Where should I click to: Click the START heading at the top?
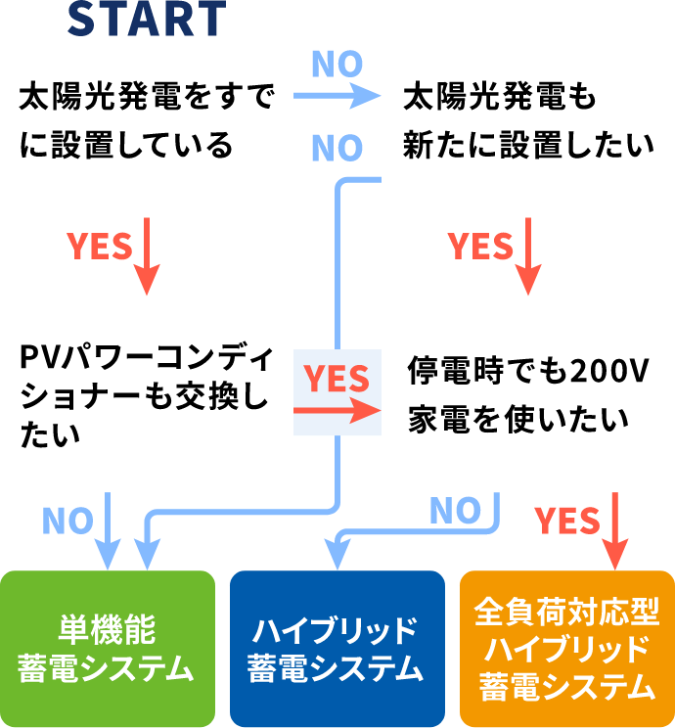click(x=147, y=18)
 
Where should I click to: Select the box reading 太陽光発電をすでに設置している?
click(x=147, y=120)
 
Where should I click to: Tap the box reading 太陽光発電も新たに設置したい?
click(x=527, y=120)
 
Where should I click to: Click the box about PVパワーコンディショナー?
click(x=147, y=394)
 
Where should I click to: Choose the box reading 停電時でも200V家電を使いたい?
click(x=527, y=394)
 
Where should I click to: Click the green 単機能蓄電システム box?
click(x=107, y=649)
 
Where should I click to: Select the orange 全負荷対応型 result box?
click(x=566, y=649)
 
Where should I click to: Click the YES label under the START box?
click(x=99, y=247)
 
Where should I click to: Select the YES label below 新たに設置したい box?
click(x=480, y=247)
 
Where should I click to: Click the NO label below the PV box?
click(x=67, y=521)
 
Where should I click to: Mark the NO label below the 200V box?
click(x=455, y=510)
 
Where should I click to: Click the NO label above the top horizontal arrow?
click(x=337, y=65)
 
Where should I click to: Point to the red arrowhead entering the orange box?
click(x=615, y=560)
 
